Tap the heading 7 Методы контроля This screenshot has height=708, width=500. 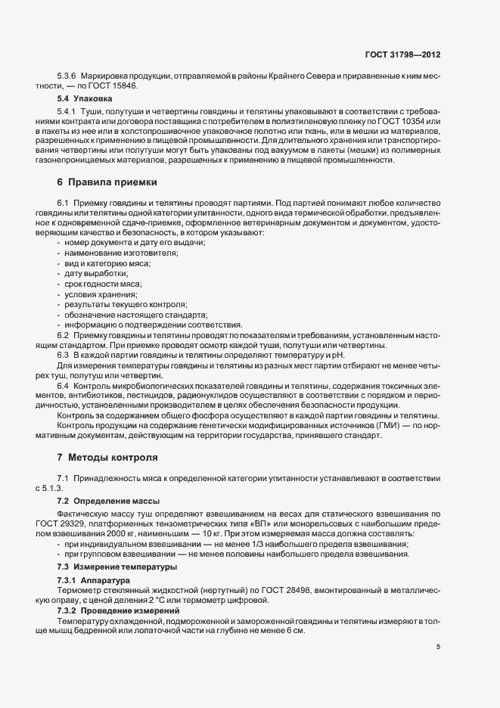[x=107, y=458]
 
